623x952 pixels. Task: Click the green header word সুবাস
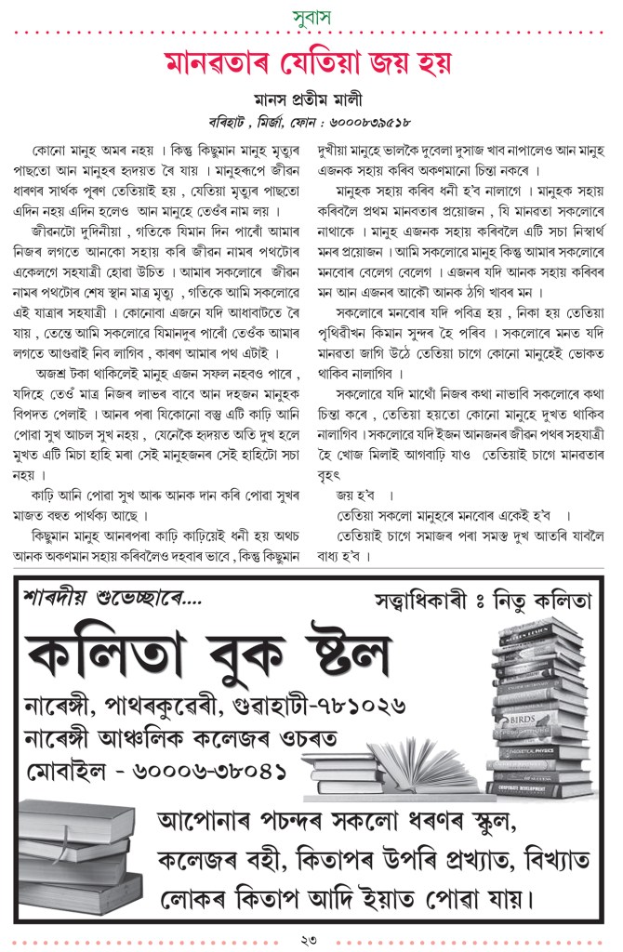tap(311, 15)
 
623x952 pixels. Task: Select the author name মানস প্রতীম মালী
tap(311, 100)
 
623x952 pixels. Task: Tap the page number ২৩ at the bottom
tap(311, 940)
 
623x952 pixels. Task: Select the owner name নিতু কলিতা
tap(544, 601)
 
